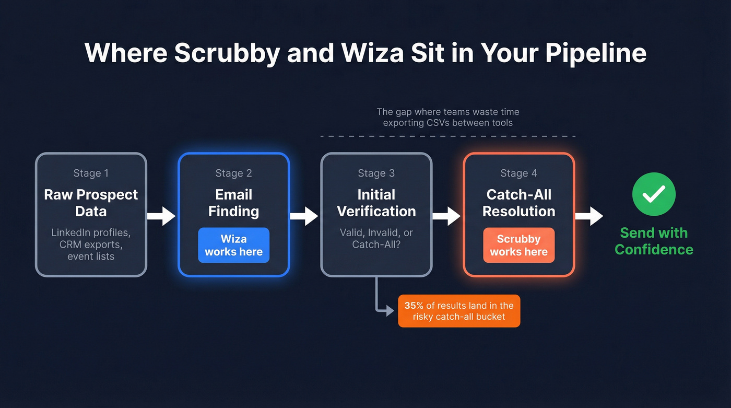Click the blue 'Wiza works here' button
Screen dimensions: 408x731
coord(233,245)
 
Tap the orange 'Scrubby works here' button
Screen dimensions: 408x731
coord(518,245)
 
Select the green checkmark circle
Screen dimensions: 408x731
coord(654,194)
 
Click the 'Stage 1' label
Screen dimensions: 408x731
coord(91,173)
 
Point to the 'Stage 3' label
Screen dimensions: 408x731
coord(376,173)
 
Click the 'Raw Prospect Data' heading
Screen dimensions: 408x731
coord(91,203)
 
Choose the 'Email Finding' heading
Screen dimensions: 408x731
coord(233,203)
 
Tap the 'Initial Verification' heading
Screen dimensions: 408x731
coord(376,203)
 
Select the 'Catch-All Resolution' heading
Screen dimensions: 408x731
coord(518,203)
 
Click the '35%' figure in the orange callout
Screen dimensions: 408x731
coord(414,306)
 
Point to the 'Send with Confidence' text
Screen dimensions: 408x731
coord(654,241)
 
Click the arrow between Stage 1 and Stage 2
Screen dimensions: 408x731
coord(161,216)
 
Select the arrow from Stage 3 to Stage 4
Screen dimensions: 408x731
coord(446,216)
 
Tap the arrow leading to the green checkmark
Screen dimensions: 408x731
coord(589,216)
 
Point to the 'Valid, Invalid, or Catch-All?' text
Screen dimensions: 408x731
coord(376,238)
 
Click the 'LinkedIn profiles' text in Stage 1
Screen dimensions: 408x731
coord(91,232)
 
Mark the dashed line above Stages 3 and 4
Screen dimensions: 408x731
coord(447,136)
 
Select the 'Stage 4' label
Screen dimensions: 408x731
coord(518,173)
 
